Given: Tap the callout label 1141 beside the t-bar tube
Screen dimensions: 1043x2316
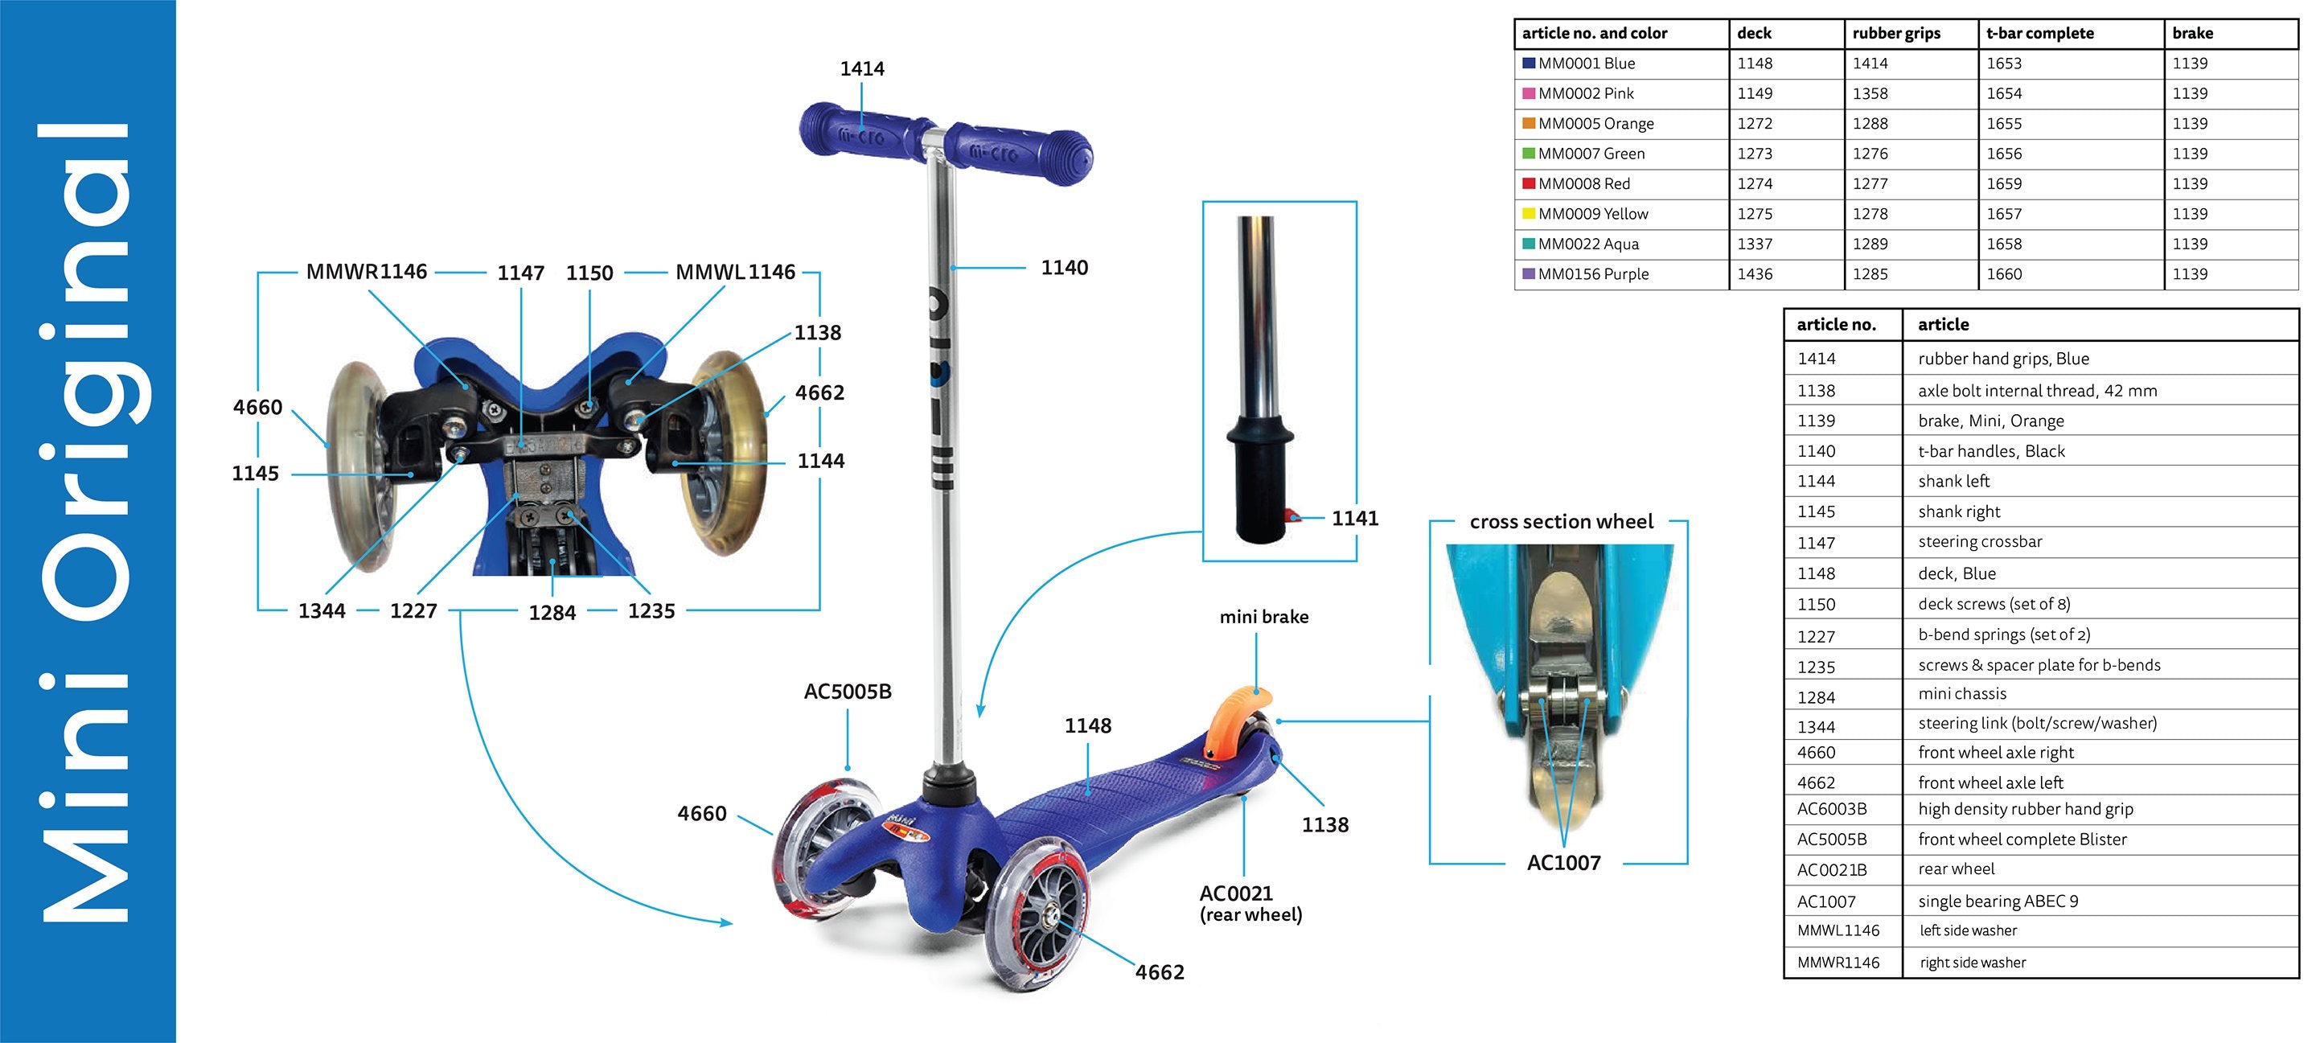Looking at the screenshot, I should pyautogui.click(x=1354, y=519).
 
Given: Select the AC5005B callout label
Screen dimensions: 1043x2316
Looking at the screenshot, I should pyautogui.click(x=847, y=692).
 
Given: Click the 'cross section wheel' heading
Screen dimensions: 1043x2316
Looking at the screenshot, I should pyautogui.click(x=1561, y=521).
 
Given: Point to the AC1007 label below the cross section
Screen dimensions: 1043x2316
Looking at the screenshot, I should pyautogui.click(x=1563, y=863).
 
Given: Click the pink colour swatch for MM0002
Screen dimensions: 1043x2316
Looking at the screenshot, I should pyautogui.click(x=1528, y=93).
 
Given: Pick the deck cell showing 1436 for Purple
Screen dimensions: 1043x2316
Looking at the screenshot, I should pyautogui.click(x=1754, y=274).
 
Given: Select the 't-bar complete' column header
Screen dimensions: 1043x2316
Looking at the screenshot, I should pyautogui.click(x=2039, y=33).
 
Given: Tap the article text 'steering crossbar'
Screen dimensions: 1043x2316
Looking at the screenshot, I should pyautogui.click(x=1980, y=541).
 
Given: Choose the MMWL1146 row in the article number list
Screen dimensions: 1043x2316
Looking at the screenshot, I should pyautogui.click(x=1838, y=930).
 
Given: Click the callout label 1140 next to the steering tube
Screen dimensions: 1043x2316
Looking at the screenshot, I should pyautogui.click(x=1064, y=268).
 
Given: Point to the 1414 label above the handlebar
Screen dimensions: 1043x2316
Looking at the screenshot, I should pyautogui.click(x=861, y=69).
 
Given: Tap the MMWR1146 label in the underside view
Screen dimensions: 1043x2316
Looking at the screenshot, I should pyautogui.click(x=366, y=272).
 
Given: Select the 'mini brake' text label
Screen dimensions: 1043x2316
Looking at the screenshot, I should pyautogui.click(x=1263, y=617).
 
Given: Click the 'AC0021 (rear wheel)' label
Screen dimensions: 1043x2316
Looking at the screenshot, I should pyautogui.click(x=1250, y=904).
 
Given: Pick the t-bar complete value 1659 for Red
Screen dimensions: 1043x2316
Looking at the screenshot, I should pyautogui.click(x=2003, y=183).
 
